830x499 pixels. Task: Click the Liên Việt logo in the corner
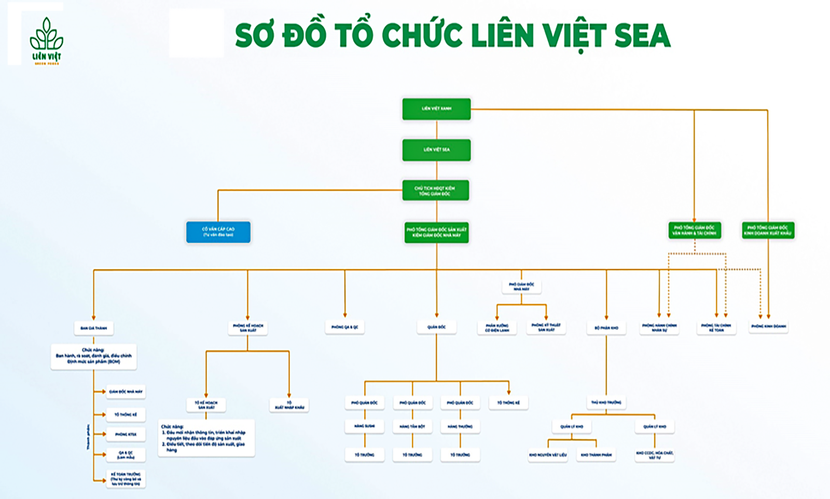click(46, 41)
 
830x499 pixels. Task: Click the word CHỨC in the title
click(422, 35)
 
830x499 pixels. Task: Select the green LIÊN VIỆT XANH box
click(436, 109)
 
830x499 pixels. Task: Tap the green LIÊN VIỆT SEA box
click(436, 150)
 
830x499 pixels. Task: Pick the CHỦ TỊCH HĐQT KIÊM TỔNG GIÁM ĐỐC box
click(436, 191)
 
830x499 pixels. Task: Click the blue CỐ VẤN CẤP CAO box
click(218, 232)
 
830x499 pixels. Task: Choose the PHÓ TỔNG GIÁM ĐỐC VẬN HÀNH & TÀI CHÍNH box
click(694, 231)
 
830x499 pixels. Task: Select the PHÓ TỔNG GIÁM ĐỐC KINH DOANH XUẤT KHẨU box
click(768, 231)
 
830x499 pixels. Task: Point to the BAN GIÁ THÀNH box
click(93, 328)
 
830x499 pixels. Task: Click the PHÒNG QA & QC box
click(345, 327)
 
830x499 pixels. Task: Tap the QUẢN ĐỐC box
click(436, 327)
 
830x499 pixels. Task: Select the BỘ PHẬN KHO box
click(606, 328)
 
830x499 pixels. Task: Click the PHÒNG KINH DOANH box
click(768, 327)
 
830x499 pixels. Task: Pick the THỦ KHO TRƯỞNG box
click(606, 402)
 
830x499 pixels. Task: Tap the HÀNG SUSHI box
click(365, 426)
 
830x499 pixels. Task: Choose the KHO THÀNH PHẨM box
click(596, 455)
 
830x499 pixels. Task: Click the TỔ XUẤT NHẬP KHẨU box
click(289, 405)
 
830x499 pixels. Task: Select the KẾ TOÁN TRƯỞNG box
click(126, 479)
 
